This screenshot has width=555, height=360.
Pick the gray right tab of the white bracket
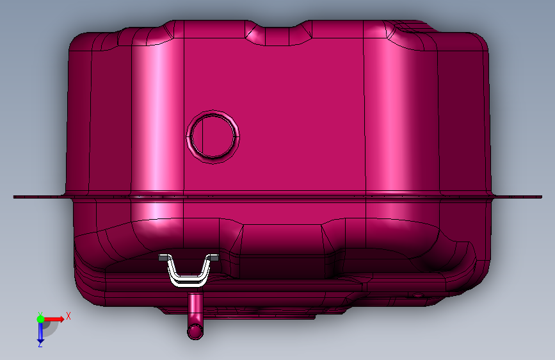pyautogui.click(x=213, y=258)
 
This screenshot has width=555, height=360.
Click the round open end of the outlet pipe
pyautogui.click(x=195, y=332)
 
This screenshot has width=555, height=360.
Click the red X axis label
pyautogui.click(x=68, y=316)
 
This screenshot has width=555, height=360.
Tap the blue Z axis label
pyautogui.click(x=40, y=345)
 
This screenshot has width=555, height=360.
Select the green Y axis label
pyautogui.click(x=40, y=314)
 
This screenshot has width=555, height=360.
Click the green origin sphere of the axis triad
pyautogui.click(x=41, y=319)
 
